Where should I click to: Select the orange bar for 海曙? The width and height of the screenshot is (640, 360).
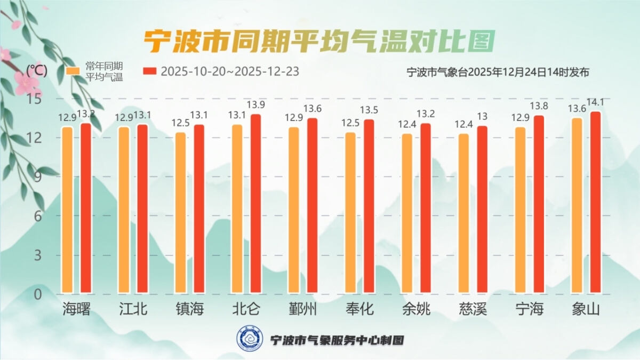tap(67, 210)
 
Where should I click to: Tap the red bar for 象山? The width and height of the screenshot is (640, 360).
tap(595, 203)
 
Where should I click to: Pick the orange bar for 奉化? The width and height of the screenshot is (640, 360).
tap(350, 213)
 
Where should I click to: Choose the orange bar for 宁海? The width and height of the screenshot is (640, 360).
tap(520, 210)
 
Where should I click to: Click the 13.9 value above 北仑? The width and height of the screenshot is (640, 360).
tap(256, 106)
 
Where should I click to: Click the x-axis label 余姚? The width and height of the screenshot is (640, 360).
tap(416, 309)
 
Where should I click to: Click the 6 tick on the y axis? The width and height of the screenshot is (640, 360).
tap(37, 217)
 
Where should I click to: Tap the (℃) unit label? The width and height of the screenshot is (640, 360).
tap(37, 70)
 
